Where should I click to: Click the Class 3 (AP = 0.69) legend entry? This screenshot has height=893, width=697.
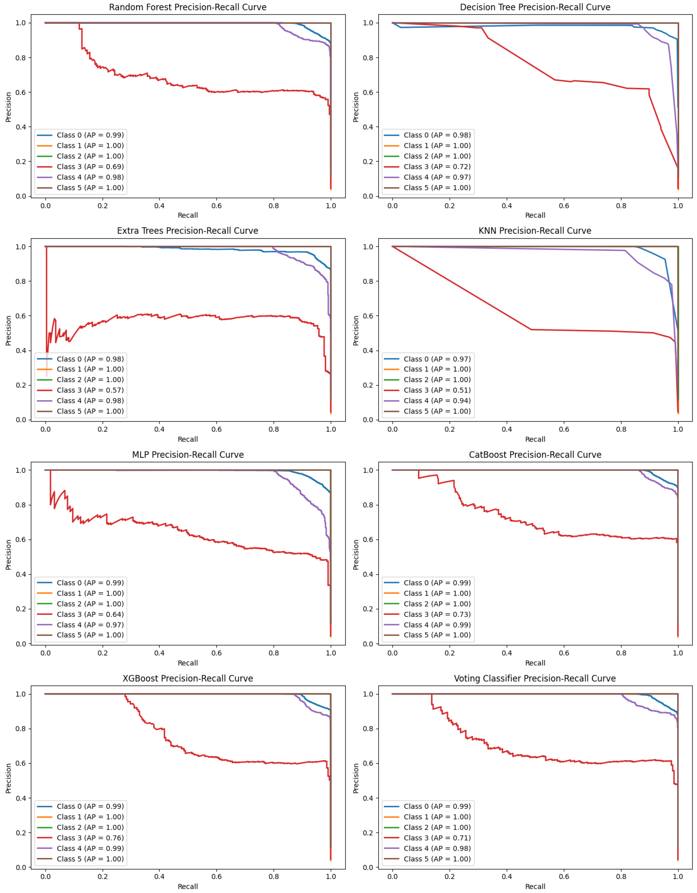click(90, 166)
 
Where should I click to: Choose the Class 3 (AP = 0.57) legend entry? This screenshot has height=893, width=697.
click(90, 390)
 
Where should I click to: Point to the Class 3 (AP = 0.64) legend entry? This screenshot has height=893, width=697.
click(90, 614)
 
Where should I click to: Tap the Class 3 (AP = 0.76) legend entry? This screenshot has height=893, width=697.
click(90, 838)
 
